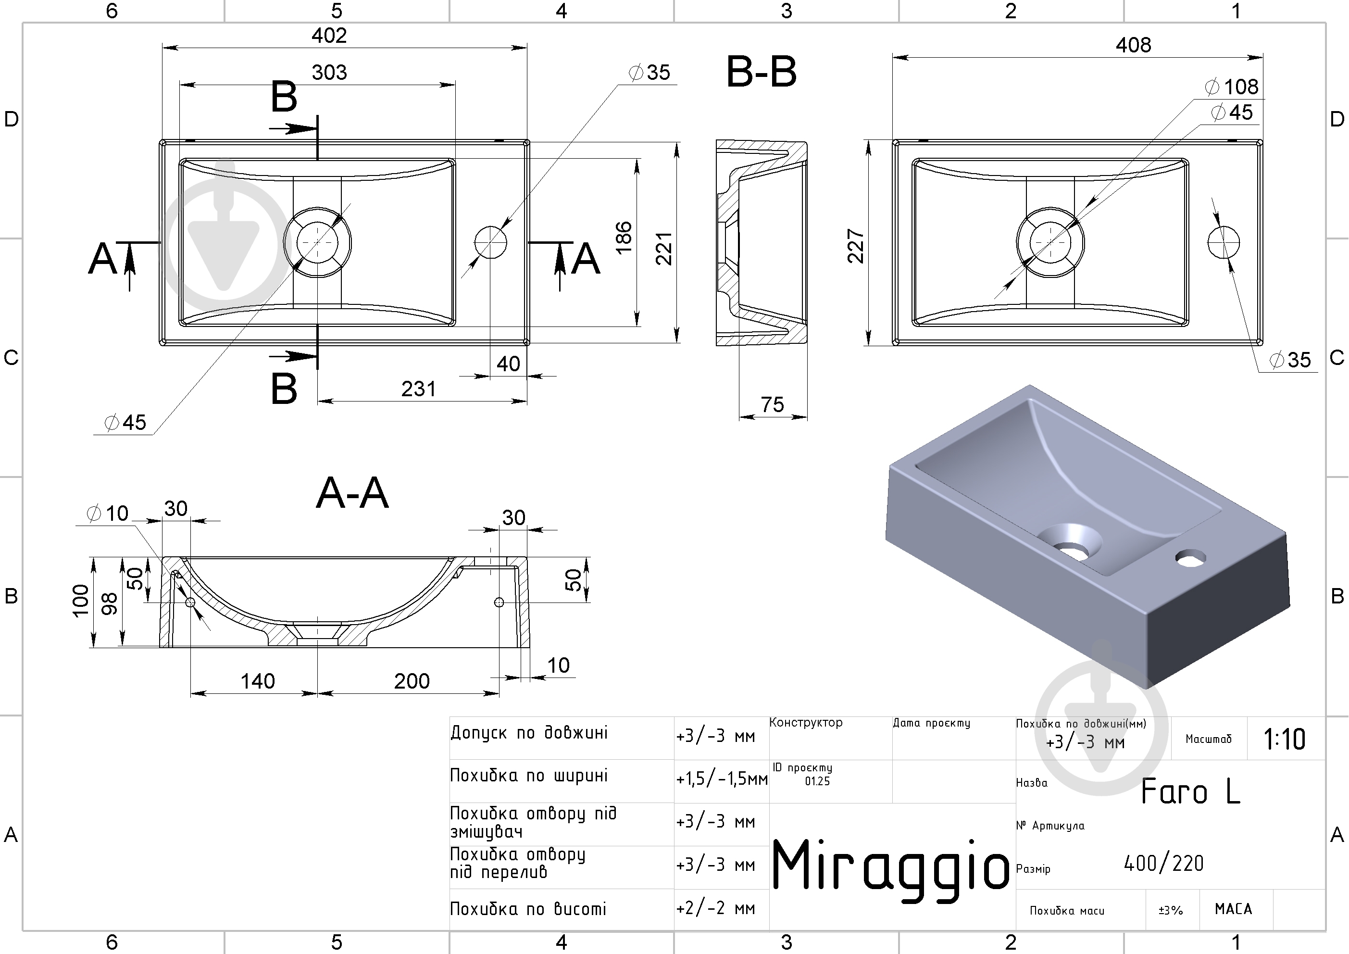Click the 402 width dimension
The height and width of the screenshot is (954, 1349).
(329, 36)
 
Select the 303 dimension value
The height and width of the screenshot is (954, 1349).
(329, 73)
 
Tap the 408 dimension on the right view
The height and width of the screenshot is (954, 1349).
(1133, 45)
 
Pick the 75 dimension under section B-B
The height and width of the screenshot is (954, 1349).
(772, 404)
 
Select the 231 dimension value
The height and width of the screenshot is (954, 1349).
(418, 389)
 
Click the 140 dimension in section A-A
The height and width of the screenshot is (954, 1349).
(257, 681)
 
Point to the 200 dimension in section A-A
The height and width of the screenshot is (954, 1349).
(412, 681)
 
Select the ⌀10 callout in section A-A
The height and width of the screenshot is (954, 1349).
(108, 513)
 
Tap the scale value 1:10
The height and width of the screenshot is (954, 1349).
(1285, 740)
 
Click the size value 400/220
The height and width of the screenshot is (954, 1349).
(1164, 864)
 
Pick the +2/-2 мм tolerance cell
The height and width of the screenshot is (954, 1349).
(716, 909)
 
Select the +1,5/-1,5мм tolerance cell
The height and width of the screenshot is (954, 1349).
(722, 779)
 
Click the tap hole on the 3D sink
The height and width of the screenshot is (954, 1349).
(1191, 558)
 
